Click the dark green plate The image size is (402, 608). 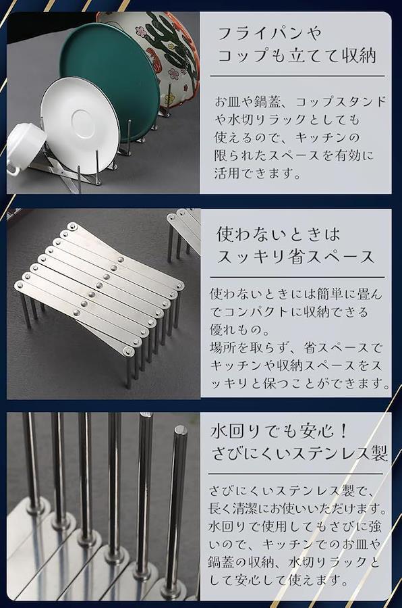pyautogui.click(x=113, y=74)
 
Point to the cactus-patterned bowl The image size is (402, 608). pyautogui.click(x=163, y=51)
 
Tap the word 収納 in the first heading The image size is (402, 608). pyautogui.click(x=359, y=55)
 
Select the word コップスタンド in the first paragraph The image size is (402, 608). pyautogui.click(x=341, y=101)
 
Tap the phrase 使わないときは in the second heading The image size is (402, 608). pyautogui.click(x=278, y=234)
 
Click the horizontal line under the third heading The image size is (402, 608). pyautogui.click(x=295, y=474)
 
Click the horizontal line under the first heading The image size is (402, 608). pyautogui.click(x=297, y=76)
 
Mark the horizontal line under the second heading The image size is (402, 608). pyautogui.click(x=297, y=277)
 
